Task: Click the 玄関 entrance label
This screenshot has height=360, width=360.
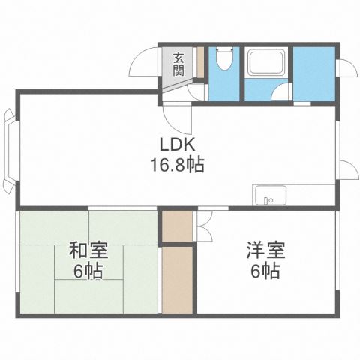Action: point(178,64)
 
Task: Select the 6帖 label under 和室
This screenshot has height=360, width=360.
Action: point(88,270)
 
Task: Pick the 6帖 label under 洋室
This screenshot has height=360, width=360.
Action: point(265,270)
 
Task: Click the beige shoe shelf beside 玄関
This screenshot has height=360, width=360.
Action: point(199,64)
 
